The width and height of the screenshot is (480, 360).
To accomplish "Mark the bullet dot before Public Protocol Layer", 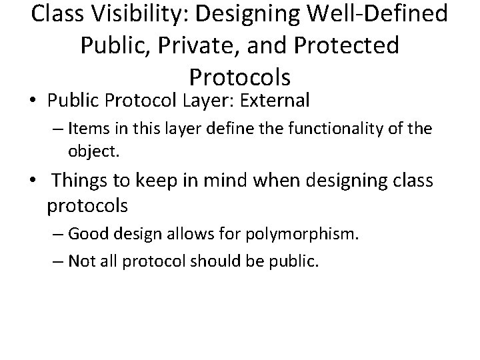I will [33, 101].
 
